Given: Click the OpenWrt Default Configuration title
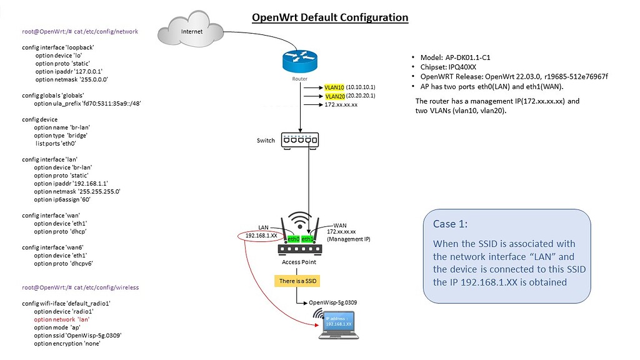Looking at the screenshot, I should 330,17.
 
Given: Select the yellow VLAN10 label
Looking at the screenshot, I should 334,87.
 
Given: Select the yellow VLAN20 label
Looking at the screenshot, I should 334,96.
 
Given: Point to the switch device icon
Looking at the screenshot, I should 300,140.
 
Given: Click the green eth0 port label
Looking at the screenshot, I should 294,239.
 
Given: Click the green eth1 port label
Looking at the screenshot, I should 307,239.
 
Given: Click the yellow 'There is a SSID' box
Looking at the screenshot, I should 299,281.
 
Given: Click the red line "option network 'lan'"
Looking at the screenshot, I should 61,319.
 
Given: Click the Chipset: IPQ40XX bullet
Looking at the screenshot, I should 446,67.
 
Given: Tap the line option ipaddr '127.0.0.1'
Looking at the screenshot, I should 69,72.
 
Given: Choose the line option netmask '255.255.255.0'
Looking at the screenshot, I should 77,192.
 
